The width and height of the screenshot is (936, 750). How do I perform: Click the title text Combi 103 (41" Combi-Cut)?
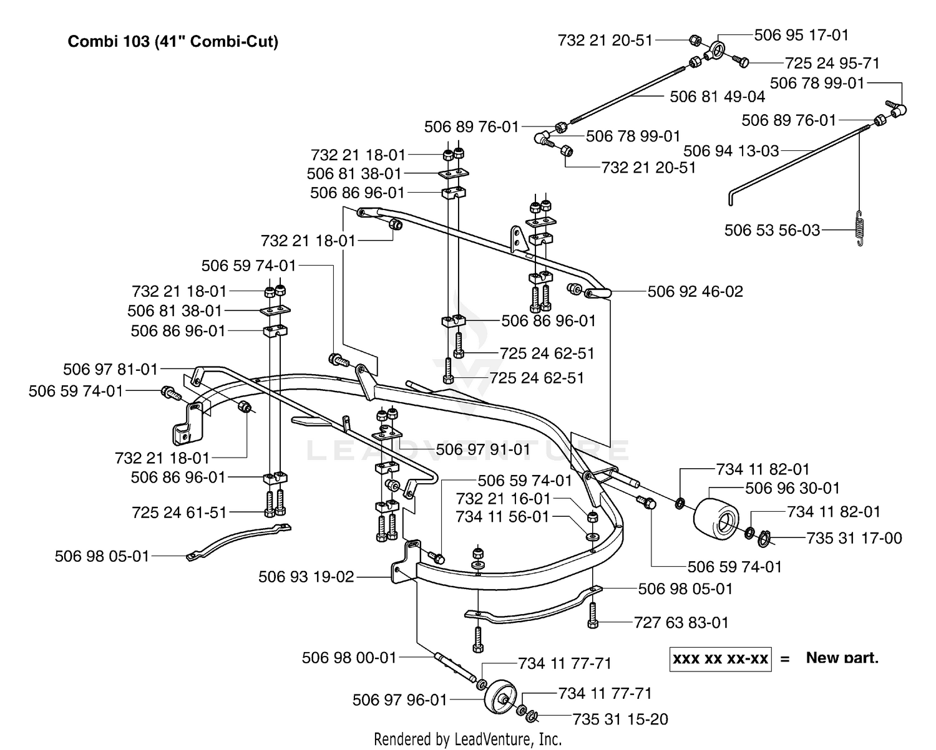173,42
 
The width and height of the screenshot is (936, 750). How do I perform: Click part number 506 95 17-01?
802,35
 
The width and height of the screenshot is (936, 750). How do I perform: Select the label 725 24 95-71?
832,64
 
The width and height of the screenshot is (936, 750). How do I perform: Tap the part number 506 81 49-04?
717,97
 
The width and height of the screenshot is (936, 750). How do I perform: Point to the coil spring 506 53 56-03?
860,228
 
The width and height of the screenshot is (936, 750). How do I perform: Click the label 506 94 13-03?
731,151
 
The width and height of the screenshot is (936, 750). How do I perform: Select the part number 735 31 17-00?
854,539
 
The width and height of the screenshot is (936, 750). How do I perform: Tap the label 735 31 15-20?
620,719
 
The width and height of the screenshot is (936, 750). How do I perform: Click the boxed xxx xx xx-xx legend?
720,659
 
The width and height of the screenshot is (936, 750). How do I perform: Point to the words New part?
842,658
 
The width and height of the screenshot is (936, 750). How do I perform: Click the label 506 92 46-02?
695,292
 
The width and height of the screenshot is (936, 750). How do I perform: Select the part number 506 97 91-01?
483,450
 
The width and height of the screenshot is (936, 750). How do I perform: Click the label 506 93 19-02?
306,577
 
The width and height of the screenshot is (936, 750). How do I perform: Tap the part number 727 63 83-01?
681,623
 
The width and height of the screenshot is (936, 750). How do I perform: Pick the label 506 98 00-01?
349,658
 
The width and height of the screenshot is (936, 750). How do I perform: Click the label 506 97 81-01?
110,369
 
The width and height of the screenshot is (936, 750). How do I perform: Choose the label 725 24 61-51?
179,512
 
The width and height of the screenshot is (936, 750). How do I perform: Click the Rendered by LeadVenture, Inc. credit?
468,739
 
